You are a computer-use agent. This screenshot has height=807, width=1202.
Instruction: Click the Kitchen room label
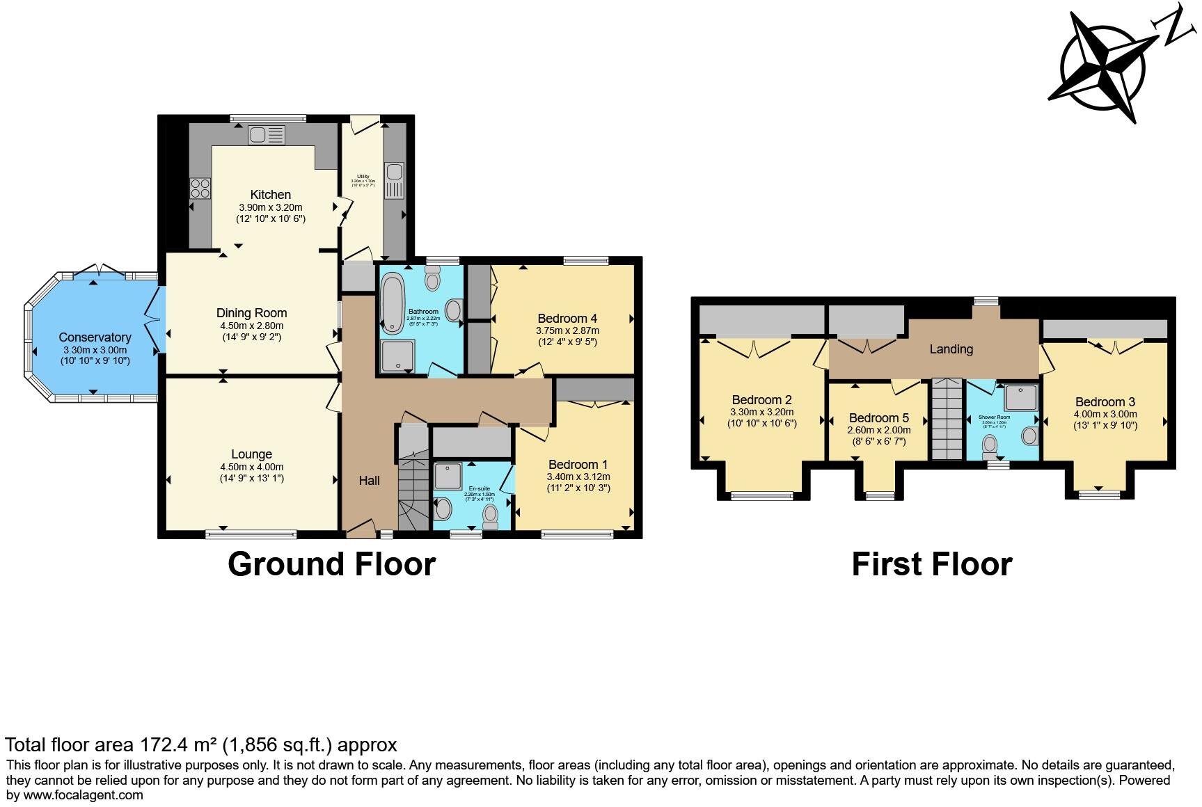pyautogui.click(x=271, y=195)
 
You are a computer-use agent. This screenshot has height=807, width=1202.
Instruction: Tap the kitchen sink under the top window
pyautogui.click(x=267, y=135)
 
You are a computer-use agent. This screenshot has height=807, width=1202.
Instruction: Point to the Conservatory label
pyautogui.click(x=95, y=337)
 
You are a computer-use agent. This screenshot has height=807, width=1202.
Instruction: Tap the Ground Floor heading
pyautogui.click(x=331, y=564)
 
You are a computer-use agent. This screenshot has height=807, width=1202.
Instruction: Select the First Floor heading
pyautogui.click(x=931, y=564)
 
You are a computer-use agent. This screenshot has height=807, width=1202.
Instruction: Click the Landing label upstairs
pyautogui.click(x=951, y=349)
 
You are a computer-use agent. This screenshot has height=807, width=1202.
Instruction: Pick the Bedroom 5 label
pyautogui.click(x=878, y=418)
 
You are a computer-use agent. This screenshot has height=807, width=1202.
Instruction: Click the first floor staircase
pyautogui.click(x=945, y=419)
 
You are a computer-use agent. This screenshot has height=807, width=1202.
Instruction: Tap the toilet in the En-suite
pyautogui.click(x=491, y=516)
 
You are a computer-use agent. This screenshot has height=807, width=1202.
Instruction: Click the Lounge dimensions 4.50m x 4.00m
pyautogui.click(x=251, y=468)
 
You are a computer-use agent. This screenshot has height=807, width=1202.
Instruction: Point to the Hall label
pyautogui.click(x=369, y=481)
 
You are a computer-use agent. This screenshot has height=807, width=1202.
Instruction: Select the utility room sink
pyautogui.click(x=393, y=180)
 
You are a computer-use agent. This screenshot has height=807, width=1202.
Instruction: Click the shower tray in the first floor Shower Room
pyautogui.click(x=1020, y=397)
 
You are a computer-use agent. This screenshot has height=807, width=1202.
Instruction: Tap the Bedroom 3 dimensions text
pyautogui.click(x=1105, y=415)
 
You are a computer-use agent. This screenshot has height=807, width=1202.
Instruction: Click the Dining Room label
pyautogui.click(x=251, y=313)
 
